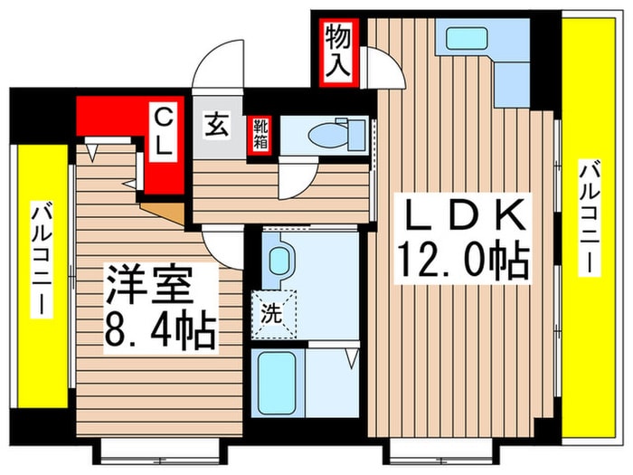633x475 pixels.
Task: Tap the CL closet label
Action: pyautogui.click(x=165, y=131)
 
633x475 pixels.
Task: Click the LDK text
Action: pyautogui.click(x=461, y=217)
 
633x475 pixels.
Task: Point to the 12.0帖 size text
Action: pyautogui.click(x=461, y=262)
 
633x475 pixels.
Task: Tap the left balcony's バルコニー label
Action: pyautogui.click(x=41, y=262)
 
